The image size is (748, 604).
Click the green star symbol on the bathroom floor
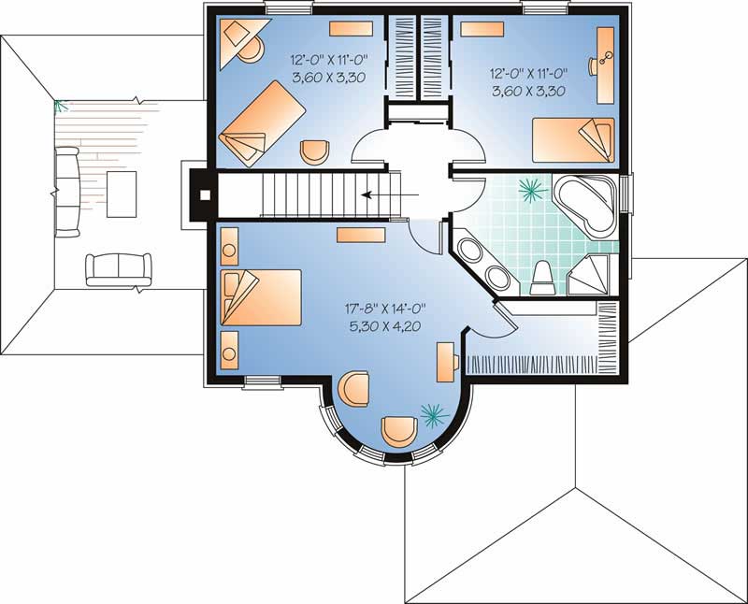(533, 191)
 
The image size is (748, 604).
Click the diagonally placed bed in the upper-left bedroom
(264, 122)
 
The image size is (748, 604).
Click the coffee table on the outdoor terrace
(122, 194)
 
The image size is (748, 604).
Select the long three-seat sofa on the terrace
(66, 191)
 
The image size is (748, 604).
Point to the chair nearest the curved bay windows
(399, 431)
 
